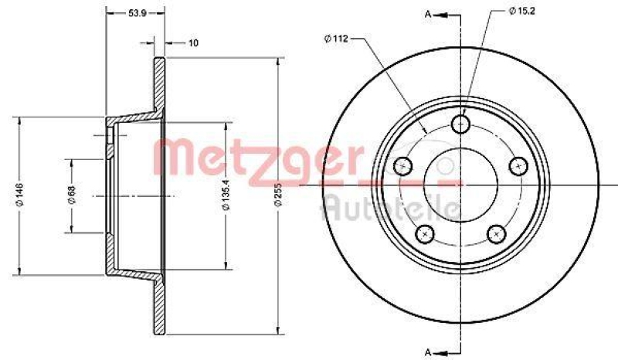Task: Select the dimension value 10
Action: (x=193, y=42)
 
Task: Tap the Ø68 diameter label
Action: (x=70, y=196)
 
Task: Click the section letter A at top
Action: (x=426, y=13)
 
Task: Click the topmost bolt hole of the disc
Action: (x=461, y=124)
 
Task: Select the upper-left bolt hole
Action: (x=402, y=166)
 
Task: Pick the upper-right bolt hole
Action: (x=520, y=166)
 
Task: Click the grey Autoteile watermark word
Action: (x=391, y=207)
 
